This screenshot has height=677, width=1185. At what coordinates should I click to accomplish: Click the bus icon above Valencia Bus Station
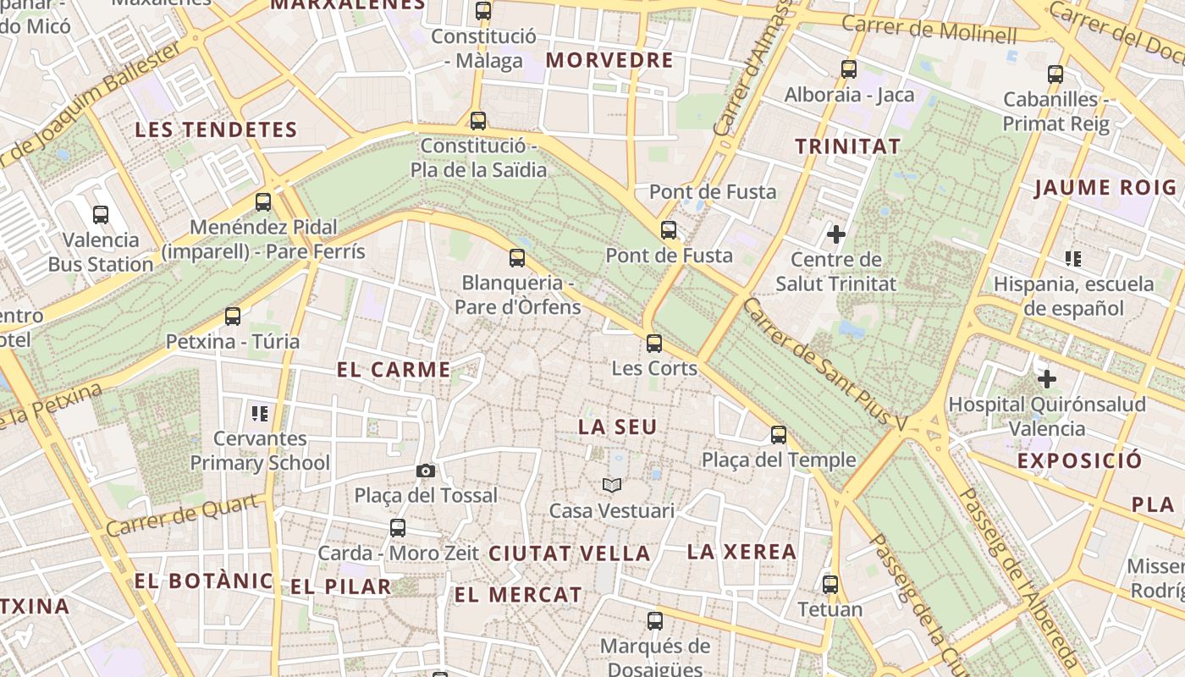(101, 215)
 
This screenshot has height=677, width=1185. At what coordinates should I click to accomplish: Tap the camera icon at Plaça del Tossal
(426, 471)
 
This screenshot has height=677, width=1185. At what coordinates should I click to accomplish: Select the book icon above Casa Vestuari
(612, 485)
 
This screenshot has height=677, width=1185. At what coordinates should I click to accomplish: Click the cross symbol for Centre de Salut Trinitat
(836, 234)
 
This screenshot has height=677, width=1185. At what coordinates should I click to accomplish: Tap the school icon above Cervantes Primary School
(260, 413)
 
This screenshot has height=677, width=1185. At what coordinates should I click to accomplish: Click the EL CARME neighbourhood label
(394, 370)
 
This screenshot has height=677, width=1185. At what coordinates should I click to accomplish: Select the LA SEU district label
(617, 427)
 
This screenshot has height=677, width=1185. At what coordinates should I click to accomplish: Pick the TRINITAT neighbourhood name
(847, 146)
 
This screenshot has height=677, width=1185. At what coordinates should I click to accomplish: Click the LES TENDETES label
(217, 130)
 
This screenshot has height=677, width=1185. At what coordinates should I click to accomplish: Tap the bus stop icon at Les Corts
(654, 343)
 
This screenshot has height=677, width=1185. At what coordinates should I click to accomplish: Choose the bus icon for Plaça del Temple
(779, 435)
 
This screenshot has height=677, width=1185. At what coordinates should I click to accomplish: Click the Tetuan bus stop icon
(830, 584)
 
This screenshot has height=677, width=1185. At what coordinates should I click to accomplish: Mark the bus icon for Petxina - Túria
(233, 316)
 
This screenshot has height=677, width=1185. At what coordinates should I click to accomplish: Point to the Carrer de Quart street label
(182, 516)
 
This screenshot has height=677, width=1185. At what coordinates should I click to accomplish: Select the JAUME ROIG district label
(1105, 188)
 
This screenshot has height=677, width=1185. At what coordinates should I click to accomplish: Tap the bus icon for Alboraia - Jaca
(849, 69)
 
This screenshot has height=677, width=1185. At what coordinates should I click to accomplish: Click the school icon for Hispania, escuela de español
(1073, 258)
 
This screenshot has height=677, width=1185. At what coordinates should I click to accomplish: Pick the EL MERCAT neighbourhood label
(518, 595)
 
